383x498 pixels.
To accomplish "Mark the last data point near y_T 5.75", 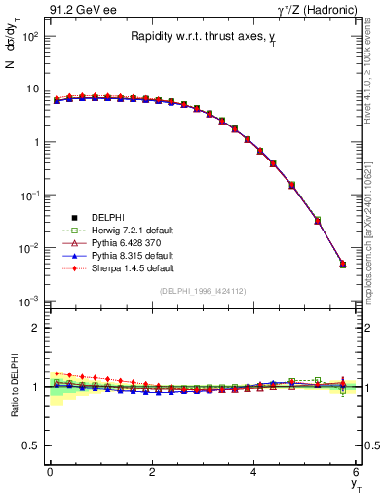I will pyautogui.click(x=342, y=265).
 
